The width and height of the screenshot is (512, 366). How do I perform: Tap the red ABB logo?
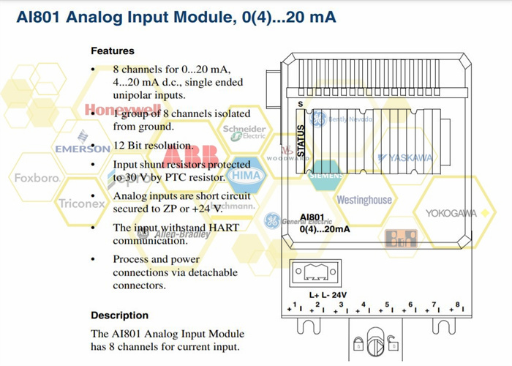[x=191, y=157]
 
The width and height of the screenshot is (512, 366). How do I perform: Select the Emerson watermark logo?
[x=83, y=147]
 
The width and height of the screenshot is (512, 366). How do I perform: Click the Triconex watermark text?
[x=81, y=204]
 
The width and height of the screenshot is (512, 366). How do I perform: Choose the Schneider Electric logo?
[x=244, y=132]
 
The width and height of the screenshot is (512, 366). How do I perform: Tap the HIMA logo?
[x=246, y=176]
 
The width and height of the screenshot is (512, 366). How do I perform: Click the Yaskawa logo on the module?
[x=405, y=157]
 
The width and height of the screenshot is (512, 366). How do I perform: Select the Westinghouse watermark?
[x=364, y=199]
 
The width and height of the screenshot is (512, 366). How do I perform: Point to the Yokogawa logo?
[x=450, y=213]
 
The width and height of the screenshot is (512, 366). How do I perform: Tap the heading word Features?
[x=113, y=51]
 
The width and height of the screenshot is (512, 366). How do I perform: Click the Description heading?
[x=119, y=315]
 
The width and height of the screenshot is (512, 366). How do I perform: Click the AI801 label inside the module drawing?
[x=312, y=217]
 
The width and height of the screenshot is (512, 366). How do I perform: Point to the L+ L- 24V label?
[x=327, y=295]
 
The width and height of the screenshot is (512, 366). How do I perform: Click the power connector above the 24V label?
[x=315, y=274]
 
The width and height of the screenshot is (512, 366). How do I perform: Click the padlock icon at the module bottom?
[x=359, y=343]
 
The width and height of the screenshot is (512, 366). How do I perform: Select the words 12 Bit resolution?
[x=143, y=146]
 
